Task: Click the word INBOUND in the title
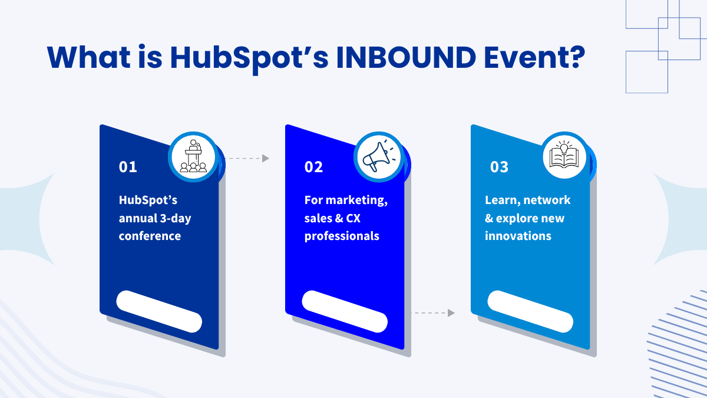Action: [406, 58]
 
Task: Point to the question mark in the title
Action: [577, 57]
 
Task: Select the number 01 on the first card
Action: [128, 167]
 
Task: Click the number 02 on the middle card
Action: [313, 167]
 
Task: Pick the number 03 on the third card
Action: [499, 167]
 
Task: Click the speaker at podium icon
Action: [193, 156]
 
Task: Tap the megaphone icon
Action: [379, 156]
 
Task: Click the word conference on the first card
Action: [150, 236]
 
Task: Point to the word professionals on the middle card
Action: [342, 236]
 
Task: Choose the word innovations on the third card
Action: [518, 236]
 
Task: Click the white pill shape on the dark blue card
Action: [159, 311]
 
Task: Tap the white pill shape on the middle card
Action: [345, 311]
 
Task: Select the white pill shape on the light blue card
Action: [530, 311]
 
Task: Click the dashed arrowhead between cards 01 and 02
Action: [266, 158]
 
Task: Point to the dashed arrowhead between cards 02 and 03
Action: [451, 313]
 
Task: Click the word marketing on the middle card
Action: [356, 200]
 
